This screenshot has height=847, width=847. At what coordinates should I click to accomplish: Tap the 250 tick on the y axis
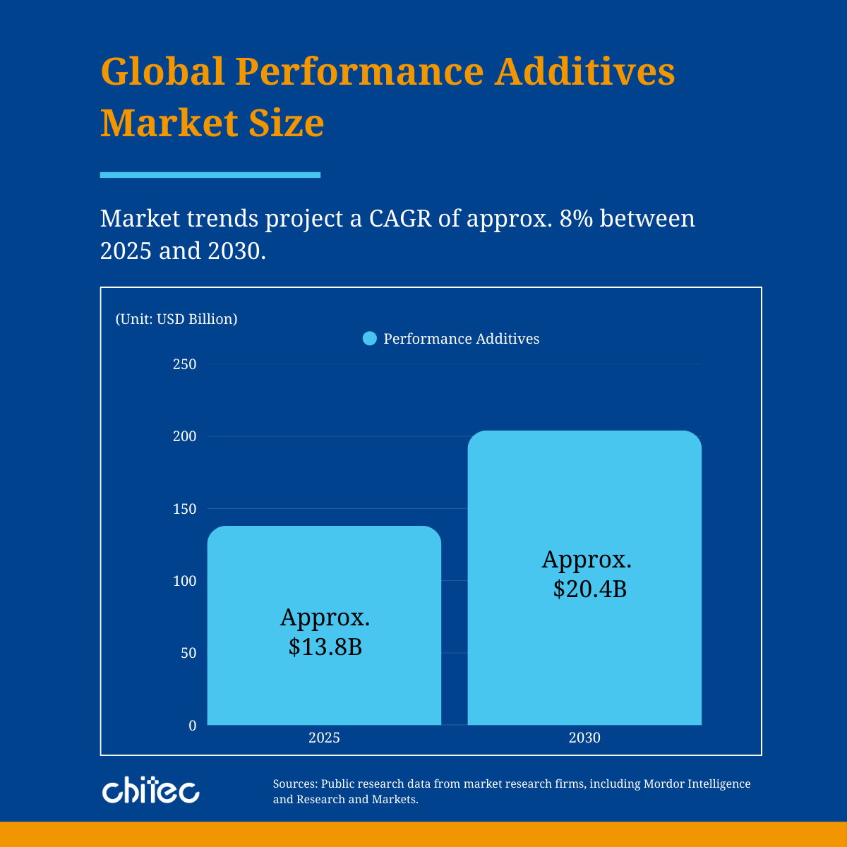point(184,364)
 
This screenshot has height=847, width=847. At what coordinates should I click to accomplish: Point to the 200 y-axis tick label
point(184,436)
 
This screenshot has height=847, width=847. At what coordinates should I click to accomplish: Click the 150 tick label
point(184,509)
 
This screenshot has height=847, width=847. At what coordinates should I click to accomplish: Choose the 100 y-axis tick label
point(184,581)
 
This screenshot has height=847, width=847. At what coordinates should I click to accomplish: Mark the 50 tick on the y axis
point(187,653)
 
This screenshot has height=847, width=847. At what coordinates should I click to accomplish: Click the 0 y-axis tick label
point(192,725)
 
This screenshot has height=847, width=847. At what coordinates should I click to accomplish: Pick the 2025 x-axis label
point(324,738)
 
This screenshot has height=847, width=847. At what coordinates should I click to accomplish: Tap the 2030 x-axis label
point(584,738)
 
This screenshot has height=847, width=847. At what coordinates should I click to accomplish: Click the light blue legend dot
point(370,339)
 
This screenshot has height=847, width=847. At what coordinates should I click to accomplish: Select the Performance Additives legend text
point(461,339)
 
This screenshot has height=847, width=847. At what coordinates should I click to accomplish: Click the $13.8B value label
point(325,647)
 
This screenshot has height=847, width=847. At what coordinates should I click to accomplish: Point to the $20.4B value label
point(589,589)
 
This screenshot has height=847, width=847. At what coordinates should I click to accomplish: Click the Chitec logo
point(150,791)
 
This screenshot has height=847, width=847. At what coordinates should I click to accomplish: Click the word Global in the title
point(162,71)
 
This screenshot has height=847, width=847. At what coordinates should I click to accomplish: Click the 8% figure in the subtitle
point(573,219)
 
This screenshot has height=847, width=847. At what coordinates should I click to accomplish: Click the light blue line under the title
point(210,175)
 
